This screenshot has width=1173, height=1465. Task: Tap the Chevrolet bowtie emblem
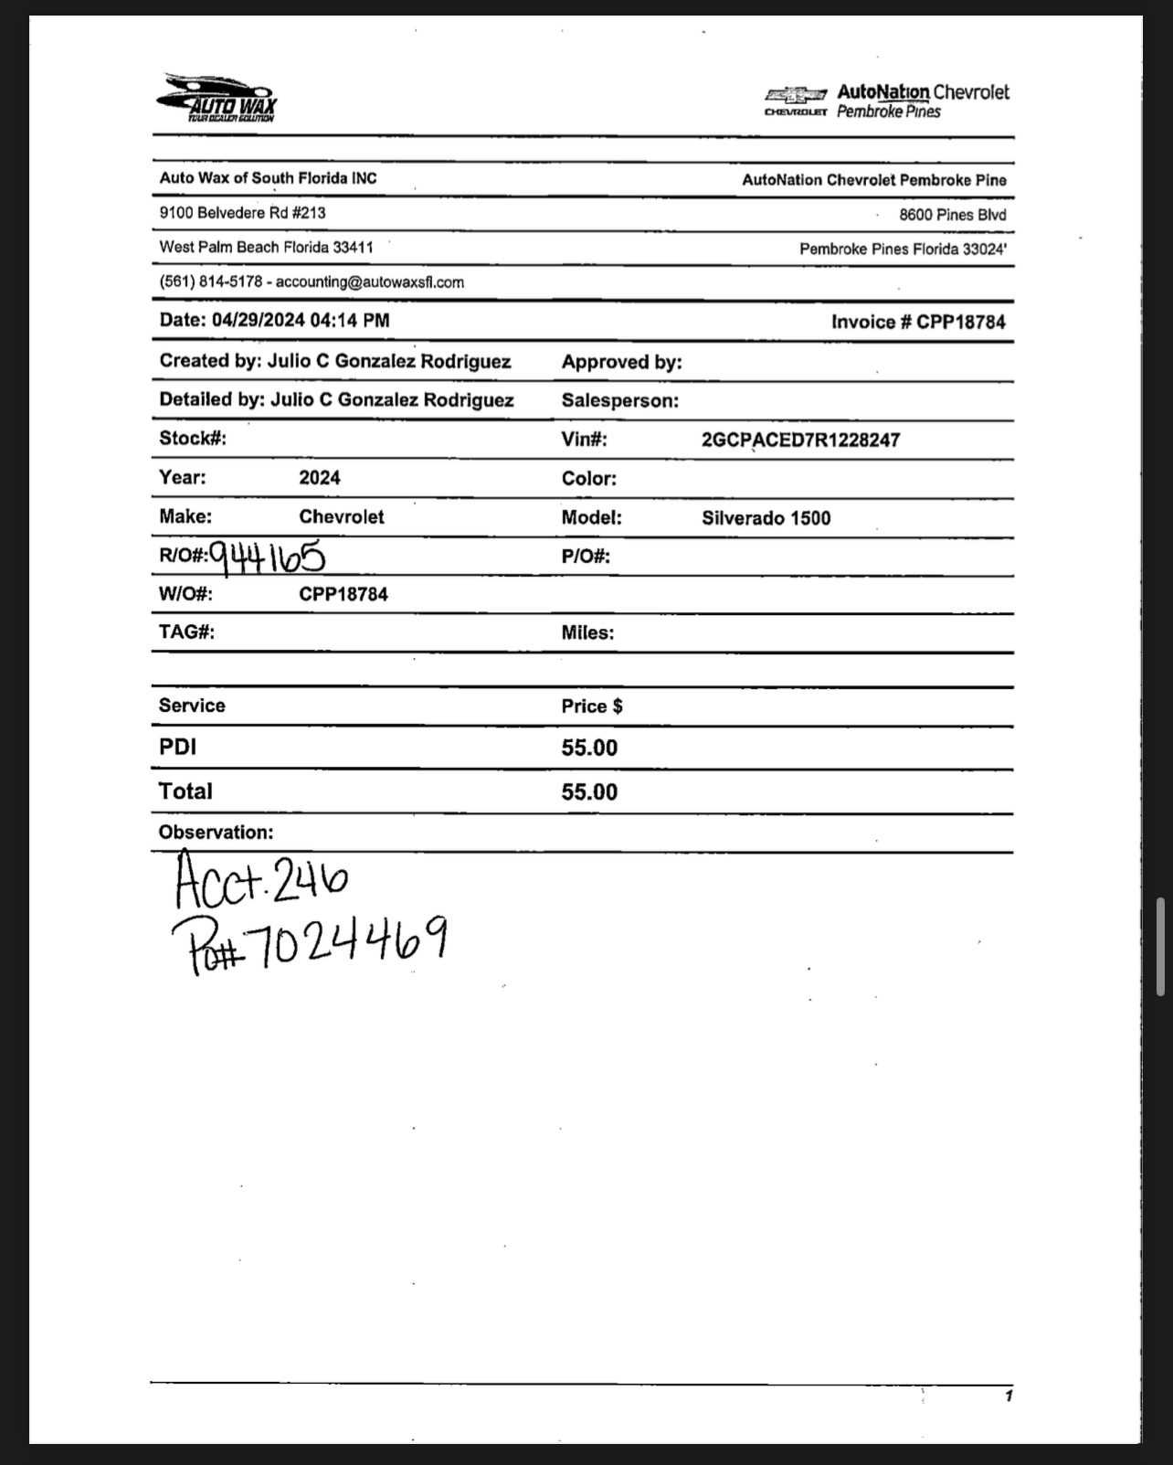(796, 94)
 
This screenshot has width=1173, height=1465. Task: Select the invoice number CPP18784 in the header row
(961, 323)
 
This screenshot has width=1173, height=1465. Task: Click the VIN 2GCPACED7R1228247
(800, 441)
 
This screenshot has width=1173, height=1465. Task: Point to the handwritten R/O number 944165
(267, 556)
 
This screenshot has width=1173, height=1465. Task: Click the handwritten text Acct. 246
(261, 877)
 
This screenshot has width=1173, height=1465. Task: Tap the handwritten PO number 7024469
(347, 941)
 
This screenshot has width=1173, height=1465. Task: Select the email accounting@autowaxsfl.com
(369, 282)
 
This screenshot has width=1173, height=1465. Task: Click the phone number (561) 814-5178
(210, 282)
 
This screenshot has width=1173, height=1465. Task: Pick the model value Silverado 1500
(766, 519)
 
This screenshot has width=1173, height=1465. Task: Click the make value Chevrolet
(341, 517)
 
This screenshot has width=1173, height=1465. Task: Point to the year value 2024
(319, 478)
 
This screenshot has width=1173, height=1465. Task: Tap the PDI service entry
(177, 748)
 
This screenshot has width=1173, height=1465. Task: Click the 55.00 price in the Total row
(589, 792)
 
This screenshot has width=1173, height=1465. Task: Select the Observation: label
(216, 833)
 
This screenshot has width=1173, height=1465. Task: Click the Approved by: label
(621, 363)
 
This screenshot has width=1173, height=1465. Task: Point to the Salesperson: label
(619, 401)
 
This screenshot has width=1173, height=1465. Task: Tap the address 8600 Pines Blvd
(952, 216)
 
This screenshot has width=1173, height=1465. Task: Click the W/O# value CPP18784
(343, 595)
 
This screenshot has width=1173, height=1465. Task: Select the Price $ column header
(591, 706)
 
